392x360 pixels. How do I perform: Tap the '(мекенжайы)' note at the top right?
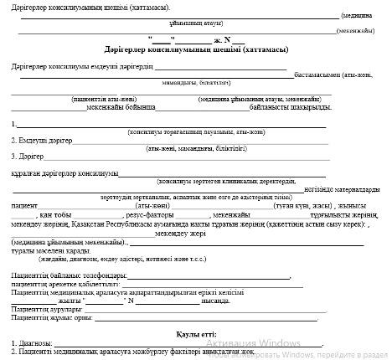tap(356, 30)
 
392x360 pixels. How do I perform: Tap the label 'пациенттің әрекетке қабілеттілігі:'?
tap(66, 284)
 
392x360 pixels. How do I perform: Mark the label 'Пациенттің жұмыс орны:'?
tap(49, 318)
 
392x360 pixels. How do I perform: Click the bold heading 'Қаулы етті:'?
tap(195, 335)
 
